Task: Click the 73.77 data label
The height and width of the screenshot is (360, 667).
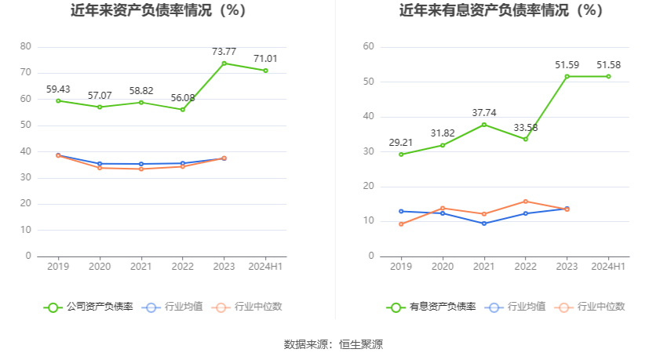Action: pyautogui.click(x=224, y=52)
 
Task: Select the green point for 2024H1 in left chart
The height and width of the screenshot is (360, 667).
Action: pyautogui.click(x=265, y=71)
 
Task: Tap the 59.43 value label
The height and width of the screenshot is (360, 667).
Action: pyautogui.click(x=58, y=89)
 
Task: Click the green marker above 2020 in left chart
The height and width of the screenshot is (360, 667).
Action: pyautogui.click(x=100, y=107)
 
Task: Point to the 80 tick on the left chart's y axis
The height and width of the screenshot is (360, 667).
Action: pyautogui.click(x=26, y=47)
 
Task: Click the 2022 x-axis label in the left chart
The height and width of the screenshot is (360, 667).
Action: pyautogui.click(x=182, y=267)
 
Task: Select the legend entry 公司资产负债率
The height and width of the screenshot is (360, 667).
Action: pyautogui.click(x=89, y=307)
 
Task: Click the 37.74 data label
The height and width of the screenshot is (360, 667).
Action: pyautogui.click(x=484, y=113)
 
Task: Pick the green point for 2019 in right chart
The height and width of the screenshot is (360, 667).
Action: pyautogui.click(x=401, y=155)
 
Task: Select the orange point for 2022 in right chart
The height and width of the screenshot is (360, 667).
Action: pyautogui.click(x=526, y=202)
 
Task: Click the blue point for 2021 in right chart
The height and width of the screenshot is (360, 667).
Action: pyautogui.click(x=484, y=224)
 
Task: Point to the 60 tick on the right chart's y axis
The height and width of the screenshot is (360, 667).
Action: pyautogui.click(x=369, y=47)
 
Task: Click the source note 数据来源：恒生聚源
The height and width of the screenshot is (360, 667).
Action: pyautogui.click(x=333, y=344)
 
